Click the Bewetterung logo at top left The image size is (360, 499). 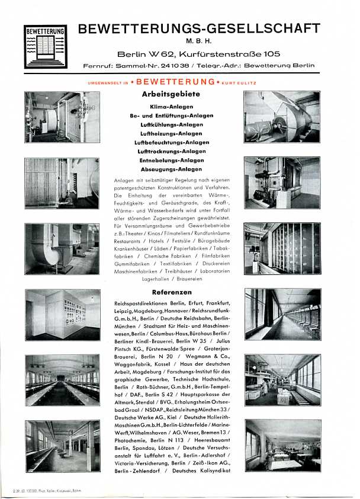(x=46, y=46)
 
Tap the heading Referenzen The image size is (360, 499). (x=172, y=292)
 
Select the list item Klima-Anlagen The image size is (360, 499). (x=172, y=107)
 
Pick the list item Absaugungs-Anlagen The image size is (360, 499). (x=172, y=169)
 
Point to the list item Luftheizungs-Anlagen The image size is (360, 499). (x=172, y=133)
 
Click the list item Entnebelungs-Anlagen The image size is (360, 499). (x=172, y=160)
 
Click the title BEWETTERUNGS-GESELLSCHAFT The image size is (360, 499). (x=199, y=28)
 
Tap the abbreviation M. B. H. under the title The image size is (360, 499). (x=199, y=41)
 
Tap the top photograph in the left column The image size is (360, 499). (x=62, y=117)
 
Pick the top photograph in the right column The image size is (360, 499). (x=282, y=117)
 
